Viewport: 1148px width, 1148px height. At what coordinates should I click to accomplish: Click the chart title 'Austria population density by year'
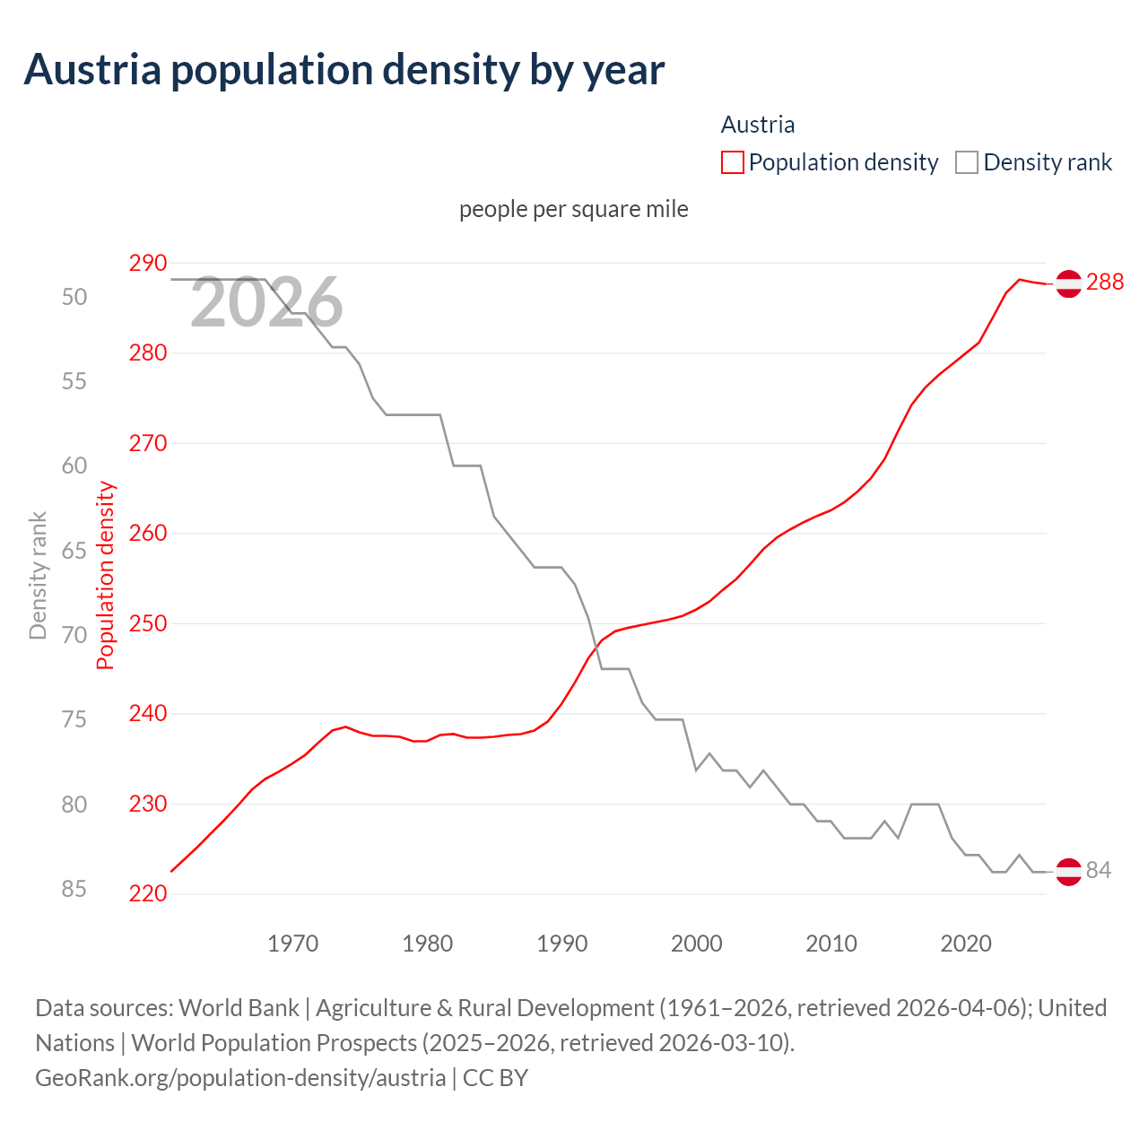pyautogui.click(x=344, y=70)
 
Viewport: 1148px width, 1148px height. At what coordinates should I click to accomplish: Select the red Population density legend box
pyautogui.click(x=733, y=162)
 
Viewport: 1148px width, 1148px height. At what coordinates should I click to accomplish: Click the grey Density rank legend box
pyautogui.click(x=966, y=162)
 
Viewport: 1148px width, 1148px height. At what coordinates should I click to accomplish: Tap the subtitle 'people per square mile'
pyautogui.click(x=574, y=209)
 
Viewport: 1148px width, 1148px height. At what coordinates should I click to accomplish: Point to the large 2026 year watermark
pyautogui.click(x=266, y=302)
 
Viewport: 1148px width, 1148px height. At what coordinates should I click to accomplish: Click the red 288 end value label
pyautogui.click(x=1105, y=283)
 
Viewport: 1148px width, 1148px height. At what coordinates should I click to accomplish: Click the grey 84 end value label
pyautogui.click(x=1099, y=871)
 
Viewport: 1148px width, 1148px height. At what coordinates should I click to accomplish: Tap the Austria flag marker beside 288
pyautogui.click(x=1068, y=283)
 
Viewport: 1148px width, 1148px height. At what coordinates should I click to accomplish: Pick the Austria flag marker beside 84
pyautogui.click(x=1068, y=871)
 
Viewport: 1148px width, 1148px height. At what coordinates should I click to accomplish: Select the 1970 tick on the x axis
pyautogui.click(x=293, y=944)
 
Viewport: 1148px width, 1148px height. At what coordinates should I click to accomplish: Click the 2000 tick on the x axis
pyautogui.click(x=697, y=944)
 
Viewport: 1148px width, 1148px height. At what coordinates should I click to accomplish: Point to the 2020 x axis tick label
pyautogui.click(x=966, y=944)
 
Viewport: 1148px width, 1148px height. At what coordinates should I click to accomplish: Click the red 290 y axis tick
pyautogui.click(x=148, y=263)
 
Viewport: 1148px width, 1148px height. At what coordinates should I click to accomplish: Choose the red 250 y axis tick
pyautogui.click(x=148, y=623)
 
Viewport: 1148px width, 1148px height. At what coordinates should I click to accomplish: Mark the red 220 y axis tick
pyautogui.click(x=148, y=894)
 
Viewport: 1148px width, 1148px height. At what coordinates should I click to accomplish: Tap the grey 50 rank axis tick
pyautogui.click(x=74, y=297)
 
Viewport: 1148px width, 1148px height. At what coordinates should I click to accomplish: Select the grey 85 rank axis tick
pyautogui.click(x=74, y=889)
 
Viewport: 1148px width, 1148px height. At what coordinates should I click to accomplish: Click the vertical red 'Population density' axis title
pyautogui.click(x=106, y=575)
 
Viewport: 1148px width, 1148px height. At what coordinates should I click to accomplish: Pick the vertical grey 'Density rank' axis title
pyautogui.click(x=38, y=575)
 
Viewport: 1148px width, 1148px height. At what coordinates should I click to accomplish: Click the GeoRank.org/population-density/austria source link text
pyautogui.click(x=240, y=1077)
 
